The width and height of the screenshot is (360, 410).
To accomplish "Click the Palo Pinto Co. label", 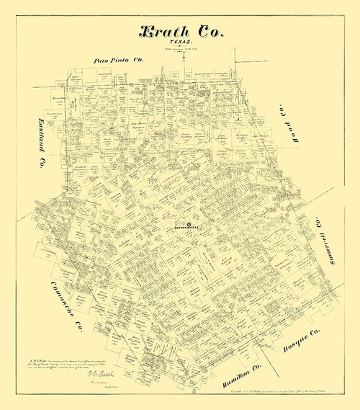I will (x=120, y=61).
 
